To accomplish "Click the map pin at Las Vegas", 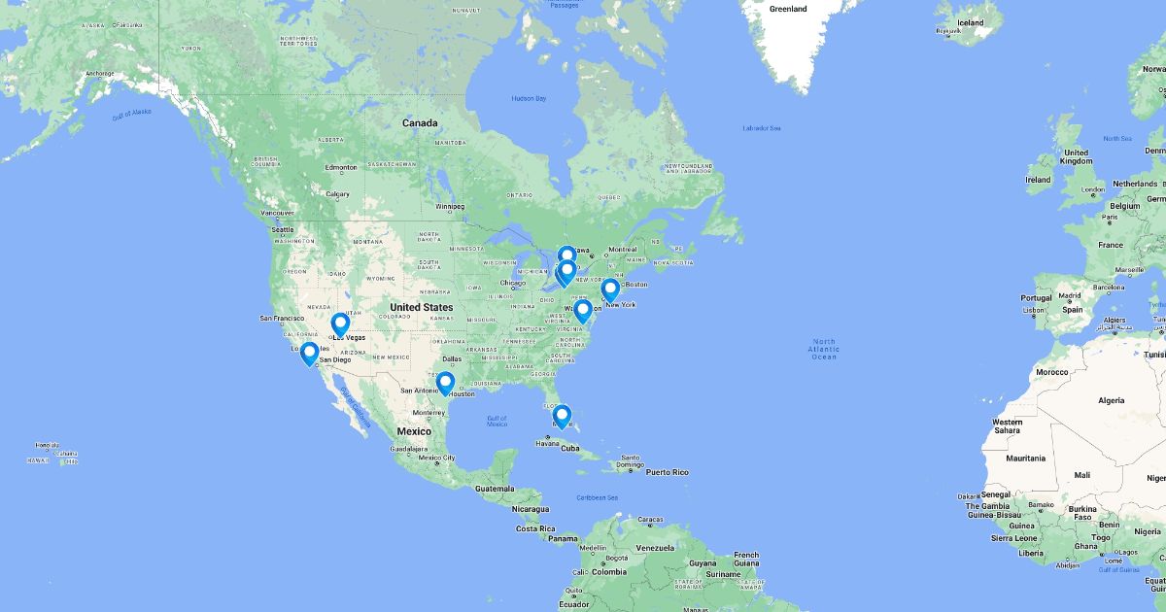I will pyautogui.click(x=340, y=324).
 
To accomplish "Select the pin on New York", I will pyautogui.click(x=610, y=289).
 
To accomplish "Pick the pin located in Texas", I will pyautogui.click(x=445, y=383).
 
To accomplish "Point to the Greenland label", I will pyautogui.click(x=788, y=9).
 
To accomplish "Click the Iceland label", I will pyautogui.click(x=970, y=22).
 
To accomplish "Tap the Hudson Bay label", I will pyautogui.click(x=529, y=99).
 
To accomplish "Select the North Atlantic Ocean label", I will pyautogui.click(x=823, y=349).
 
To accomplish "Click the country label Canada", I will pyautogui.click(x=421, y=123).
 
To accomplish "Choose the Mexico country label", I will pyautogui.click(x=413, y=430).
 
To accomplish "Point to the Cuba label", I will pyautogui.click(x=570, y=448).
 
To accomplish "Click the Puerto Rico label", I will pyautogui.click(x=668, y=472).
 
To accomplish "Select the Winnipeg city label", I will pyautogui.click(x=449, y=206).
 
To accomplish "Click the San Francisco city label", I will pyautogui.click(x=282, y=318).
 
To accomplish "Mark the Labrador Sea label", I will pyautogui.click(x=762, y=128).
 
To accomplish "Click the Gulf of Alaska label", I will pyautogui.click(x=132, y=113).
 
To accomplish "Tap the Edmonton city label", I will pyautogui.click(x=341, y=167).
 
